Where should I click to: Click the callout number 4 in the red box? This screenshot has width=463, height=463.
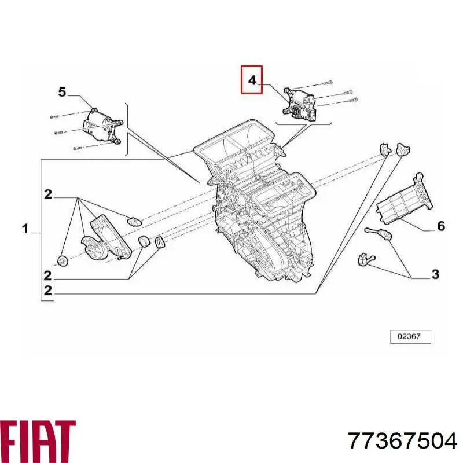tap(252, 80)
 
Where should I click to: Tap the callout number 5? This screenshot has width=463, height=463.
tap(62, 92)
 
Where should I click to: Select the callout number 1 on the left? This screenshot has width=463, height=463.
tap(25, 229)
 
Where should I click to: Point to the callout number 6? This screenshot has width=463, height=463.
tap(440, 226)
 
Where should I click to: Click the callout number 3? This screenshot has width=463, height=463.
tap(436, 274)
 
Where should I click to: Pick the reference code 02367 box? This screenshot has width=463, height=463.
tap(410, 337)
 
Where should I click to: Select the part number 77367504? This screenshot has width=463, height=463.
tap(403, 442)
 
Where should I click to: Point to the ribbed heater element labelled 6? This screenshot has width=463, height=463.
tap(405, 199)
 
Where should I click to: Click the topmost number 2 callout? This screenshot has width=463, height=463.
tap(48, 194)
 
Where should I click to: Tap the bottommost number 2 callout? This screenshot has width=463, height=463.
tap(48, 291)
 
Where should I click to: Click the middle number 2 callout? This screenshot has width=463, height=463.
tap(47, 276)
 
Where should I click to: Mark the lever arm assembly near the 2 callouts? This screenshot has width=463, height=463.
tap(106, 238)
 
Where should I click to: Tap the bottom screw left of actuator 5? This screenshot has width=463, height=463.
tap(78, 148)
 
